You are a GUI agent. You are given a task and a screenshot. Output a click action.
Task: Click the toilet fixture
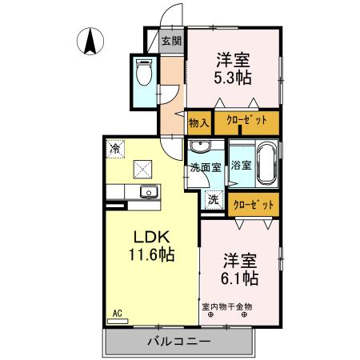(x=144, y=74)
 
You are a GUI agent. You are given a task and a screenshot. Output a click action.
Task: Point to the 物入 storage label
(x=198, y=122)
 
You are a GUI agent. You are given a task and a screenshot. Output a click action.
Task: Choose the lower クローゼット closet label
(x=253, y=204)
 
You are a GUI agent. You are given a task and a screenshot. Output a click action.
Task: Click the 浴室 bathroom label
(x=241, y=166)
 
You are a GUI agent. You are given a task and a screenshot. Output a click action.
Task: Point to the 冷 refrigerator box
(x=116, y=148)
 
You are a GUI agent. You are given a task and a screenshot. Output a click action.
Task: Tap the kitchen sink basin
(x=148, y=192)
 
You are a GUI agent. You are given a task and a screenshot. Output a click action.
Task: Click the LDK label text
(x=149, y=237)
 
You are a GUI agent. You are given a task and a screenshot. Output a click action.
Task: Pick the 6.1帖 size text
(x=240, y=277)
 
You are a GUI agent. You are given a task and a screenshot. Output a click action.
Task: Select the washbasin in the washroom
(x=200, y=147)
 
